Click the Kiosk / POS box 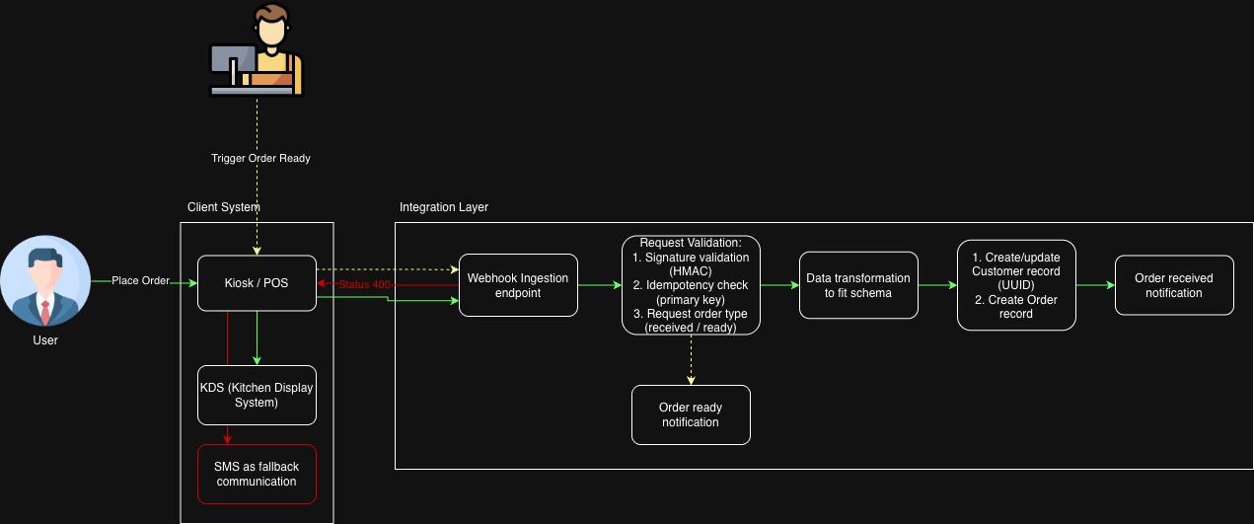click(x=257, y=284)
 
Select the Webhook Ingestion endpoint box click(x=518, y=285)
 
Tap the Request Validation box click(x=691, y=285)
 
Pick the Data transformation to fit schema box click(x=858, y=285)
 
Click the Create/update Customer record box click(x=1016, y=285)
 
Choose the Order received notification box click(x=1174, y=285)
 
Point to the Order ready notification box click(x=691, y=414)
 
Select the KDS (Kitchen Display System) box click(x=257, y=395)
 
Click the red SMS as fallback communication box click(x=257, y=474)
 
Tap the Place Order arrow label click(x=141, y=281)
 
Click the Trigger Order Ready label click(x=260, y=158)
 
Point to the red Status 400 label click(x=364, y=284)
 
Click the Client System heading click(x=224, y=207)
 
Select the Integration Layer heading click(x=444, y=207)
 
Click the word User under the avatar click(x=45, y=340)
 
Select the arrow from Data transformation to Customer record click(x=937, y=285)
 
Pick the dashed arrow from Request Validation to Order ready click(x=691, y=359)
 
